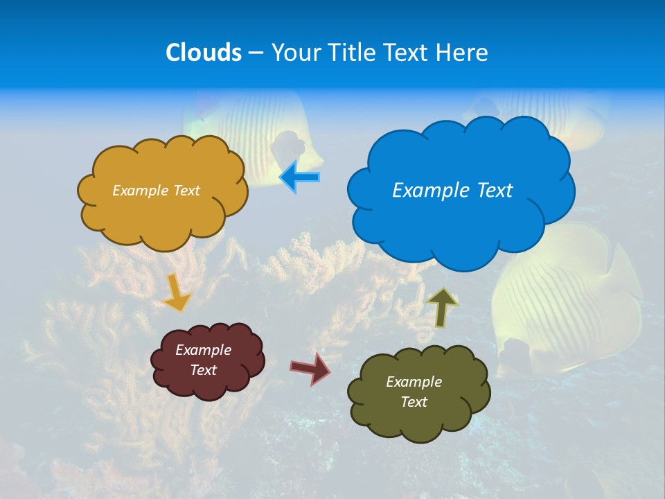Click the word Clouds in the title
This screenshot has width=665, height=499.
[x=203, y=53]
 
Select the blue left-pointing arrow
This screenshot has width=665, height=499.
[x=300, y=177]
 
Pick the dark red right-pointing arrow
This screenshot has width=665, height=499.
[x=311, y=368]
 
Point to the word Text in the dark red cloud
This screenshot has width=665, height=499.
[x=204, y=370]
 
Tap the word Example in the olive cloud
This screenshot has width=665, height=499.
[x=414, y=382]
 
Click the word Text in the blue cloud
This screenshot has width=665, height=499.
[x=495, y=191]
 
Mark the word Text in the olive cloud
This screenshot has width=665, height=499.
[x=414, y=402]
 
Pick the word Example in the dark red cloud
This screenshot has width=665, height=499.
[x=204, y=350]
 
